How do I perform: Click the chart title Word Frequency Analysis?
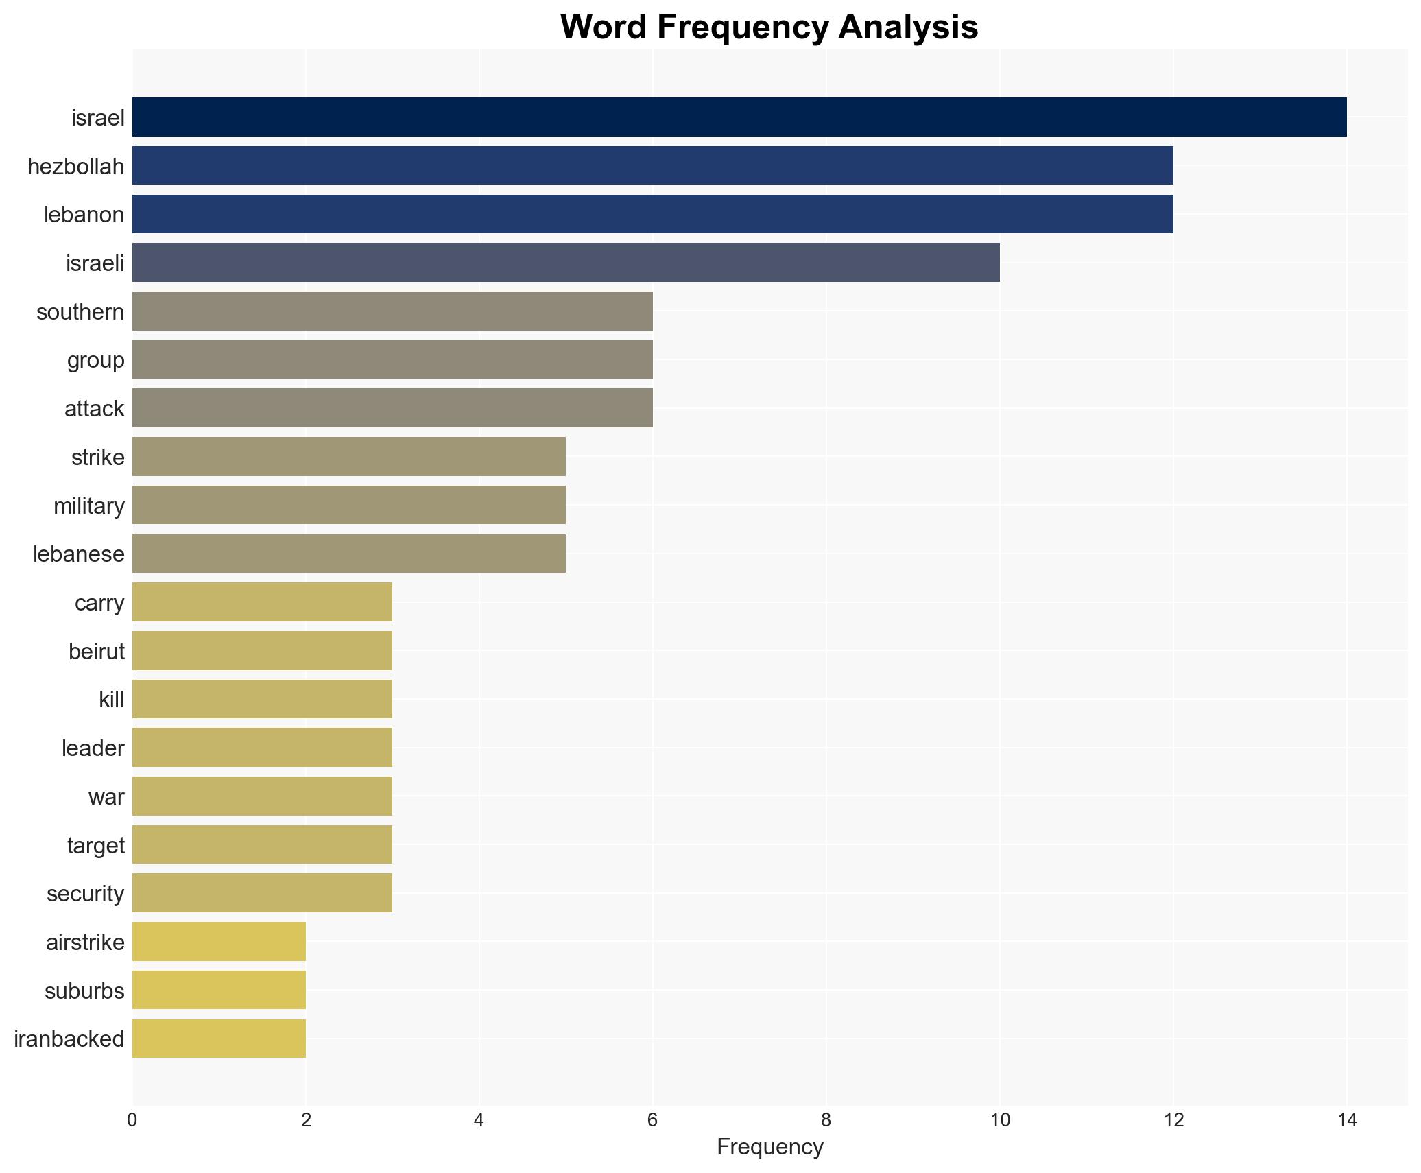(769, 27)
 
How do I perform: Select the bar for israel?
(739, 117)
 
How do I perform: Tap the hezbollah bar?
(652, 165)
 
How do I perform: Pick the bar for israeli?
(565, 262)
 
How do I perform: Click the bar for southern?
(392, 311)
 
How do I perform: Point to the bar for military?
(348, 505)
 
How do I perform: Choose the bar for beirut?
(262, 650)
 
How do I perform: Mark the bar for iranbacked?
(219, 1039)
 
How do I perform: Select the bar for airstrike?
(219, 941)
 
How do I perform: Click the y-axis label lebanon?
(84, 215)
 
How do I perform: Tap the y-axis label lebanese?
(78, 554)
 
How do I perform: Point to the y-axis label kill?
(111, 700)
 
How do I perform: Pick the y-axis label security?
(85, 893)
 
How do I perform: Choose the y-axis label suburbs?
(84, 991)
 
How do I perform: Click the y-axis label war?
(106, 796)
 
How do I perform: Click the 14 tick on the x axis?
(1346, 1120)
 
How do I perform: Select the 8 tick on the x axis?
(826, 1120)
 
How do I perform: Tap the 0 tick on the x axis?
(132, 1120)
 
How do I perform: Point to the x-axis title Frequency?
(769, 1147)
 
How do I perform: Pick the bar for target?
(262, 844)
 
